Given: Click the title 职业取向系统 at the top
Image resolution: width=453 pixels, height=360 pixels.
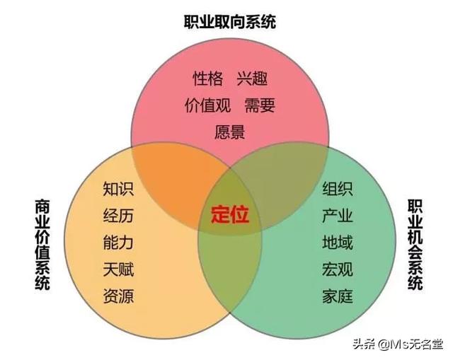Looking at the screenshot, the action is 230,22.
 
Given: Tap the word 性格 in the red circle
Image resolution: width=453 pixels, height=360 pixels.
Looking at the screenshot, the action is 208,79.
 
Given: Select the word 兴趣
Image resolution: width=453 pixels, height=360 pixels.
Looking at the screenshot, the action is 252,79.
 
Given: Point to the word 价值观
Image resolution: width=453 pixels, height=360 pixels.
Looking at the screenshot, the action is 207,105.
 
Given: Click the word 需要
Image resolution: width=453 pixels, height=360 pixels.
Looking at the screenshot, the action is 260,105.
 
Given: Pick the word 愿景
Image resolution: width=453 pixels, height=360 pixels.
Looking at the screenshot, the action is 229,132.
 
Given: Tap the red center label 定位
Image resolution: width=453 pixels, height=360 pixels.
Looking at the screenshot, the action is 230,214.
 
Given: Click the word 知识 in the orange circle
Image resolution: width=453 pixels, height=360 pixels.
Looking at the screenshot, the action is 118,189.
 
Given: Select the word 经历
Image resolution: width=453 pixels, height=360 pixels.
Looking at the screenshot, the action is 118,216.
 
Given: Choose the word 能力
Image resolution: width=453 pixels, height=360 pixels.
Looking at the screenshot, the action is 118,242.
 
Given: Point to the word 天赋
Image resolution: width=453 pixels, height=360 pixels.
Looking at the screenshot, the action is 118,269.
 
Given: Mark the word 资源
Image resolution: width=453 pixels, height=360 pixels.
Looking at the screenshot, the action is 118,296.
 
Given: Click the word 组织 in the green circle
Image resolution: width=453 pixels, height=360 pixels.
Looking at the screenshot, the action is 338,189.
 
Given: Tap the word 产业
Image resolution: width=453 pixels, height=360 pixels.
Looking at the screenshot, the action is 338,216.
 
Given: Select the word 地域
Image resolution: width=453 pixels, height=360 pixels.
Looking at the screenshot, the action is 338,242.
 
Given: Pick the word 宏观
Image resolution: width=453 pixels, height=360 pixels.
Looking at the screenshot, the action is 338,269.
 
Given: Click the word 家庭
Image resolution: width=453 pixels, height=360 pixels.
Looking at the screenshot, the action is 338,296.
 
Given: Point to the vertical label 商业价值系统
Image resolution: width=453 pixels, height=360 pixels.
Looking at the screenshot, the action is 42,244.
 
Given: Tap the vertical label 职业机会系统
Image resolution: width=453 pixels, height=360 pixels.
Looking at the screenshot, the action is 415,244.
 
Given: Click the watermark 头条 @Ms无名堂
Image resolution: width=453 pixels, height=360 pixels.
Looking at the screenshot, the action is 398,344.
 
